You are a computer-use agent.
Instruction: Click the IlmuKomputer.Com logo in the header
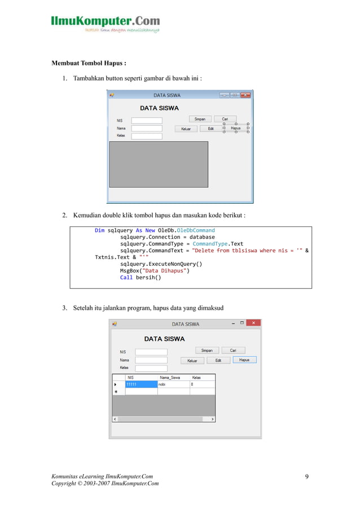(106, 23)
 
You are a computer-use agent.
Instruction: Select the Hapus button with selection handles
(236, 128)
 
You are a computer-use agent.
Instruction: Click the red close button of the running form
(253, 323)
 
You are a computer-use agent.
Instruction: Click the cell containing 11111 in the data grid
(141, 384)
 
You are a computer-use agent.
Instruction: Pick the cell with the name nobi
(173, 384)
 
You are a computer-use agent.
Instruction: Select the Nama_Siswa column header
(173, 377)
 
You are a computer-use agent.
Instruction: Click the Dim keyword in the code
(99, 230)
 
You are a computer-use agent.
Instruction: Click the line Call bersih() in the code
(140, 277)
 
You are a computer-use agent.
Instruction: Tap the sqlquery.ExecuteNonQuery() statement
(161, 263)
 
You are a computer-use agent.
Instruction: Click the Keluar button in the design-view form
(186, 129)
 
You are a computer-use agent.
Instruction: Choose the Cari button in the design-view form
(225, 119)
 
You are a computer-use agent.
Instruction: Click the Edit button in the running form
(218, 360)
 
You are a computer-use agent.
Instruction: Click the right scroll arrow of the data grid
(212, 419)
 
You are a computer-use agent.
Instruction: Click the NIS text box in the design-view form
(146, 120)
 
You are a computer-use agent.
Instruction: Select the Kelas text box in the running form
(151, 368)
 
